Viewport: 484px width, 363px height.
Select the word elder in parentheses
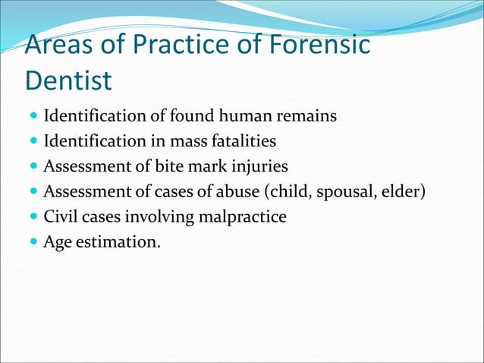coord(402,192)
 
